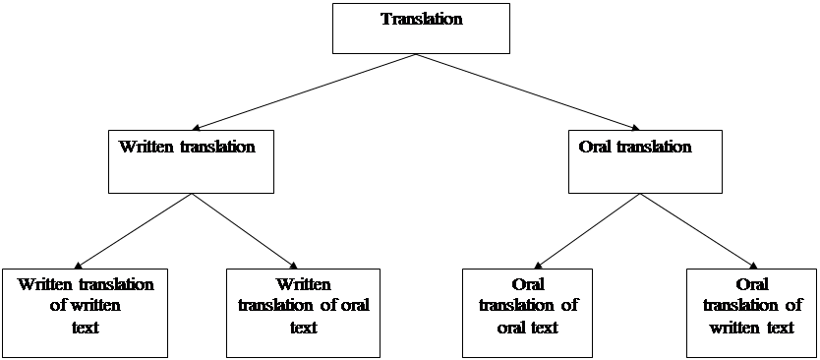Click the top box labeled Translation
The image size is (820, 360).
tap(421, 28)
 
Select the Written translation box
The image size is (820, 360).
tap(190, 160)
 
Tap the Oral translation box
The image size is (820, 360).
tap(644, 160)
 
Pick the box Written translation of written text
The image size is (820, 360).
tap(85, 312)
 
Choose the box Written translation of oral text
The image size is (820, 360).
tap(303, 312)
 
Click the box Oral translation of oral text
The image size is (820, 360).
tap(528, 312)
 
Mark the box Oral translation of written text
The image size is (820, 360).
tap(751, 312)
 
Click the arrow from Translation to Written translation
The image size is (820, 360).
tap(305, 91)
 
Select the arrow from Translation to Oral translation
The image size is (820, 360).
tap(531, 91)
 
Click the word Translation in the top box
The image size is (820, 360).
tap(421, 19)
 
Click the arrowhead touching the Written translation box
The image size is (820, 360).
tap(196, 127)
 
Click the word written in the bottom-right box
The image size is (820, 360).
tap(732, 328)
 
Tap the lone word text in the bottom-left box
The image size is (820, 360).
tap(86, 328)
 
